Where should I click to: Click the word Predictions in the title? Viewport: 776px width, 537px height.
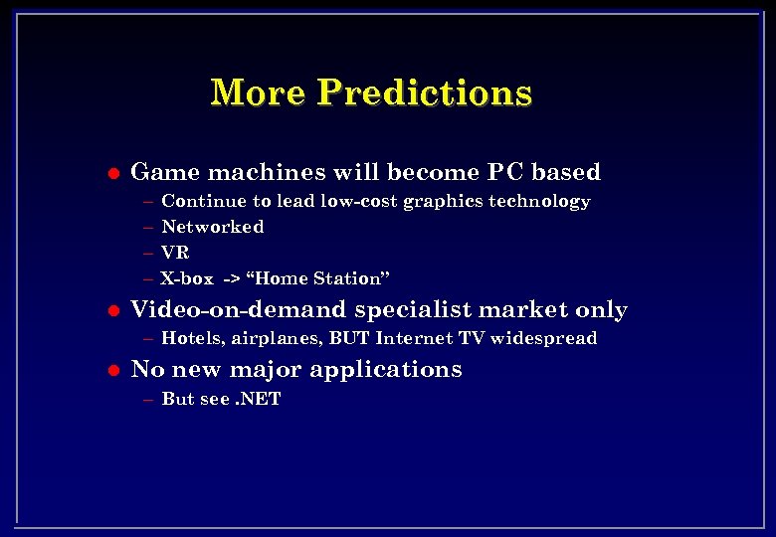tap(425, 92)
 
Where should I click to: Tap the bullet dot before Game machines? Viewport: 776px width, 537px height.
tap(112, 173)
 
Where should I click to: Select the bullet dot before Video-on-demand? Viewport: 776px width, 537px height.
tap(112, 310)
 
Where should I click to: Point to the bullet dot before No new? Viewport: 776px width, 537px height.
tap(112, 370)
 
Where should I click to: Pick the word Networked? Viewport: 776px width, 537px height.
tap(212, 227)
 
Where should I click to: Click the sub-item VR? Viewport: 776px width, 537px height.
tap(175, 253)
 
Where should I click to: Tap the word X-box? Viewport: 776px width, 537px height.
tap(187, 278)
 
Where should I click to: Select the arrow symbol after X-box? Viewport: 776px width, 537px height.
tap(230, 279)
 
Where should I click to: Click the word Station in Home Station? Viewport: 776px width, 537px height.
tap(347, 278)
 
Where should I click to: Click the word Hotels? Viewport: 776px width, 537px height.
tap(193, 338)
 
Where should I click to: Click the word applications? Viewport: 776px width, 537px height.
tap(386, 370)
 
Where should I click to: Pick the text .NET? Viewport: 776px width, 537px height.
tap(259, 400)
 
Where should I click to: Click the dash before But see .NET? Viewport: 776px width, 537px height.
tap(148, 400)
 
